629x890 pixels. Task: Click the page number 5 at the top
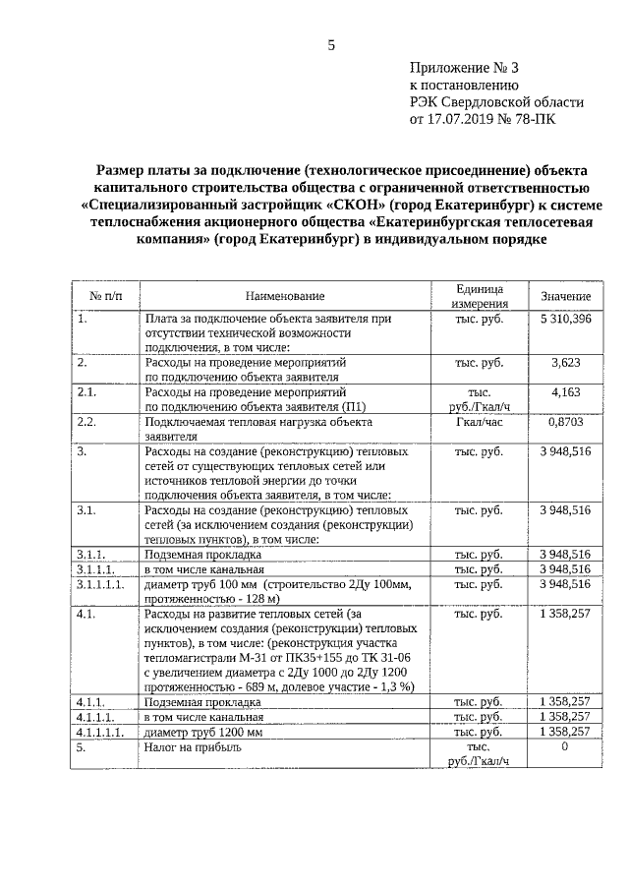331,44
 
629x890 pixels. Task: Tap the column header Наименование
284,296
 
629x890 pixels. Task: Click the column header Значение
565,296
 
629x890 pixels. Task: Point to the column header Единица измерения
480,296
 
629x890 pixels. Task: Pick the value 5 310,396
565,319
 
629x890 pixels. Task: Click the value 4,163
566,391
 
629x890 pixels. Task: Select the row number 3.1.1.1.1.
103,583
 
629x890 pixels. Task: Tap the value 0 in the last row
565,747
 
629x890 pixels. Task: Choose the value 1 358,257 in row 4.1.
565,614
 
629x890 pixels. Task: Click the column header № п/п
106,296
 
